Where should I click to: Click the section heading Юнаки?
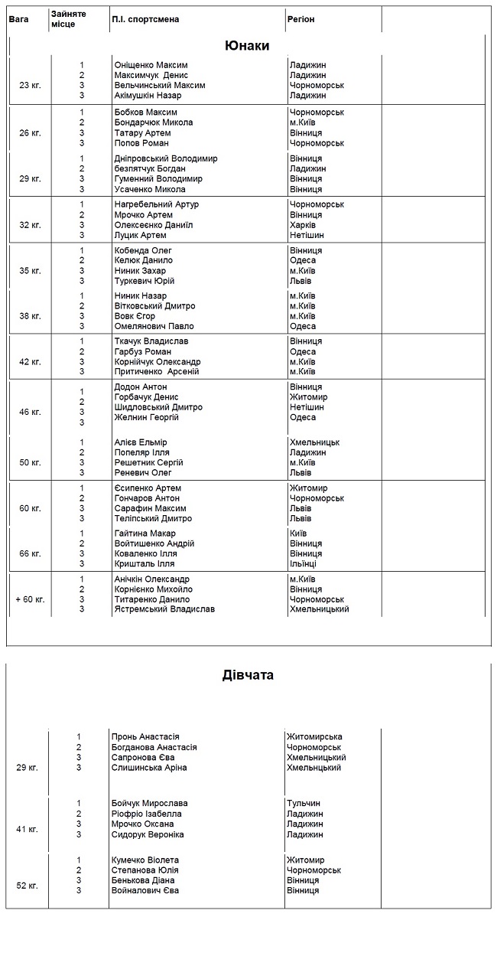point(247,46)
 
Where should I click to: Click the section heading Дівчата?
point(248,675)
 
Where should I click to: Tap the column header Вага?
point(19,19)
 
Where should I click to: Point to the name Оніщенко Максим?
point(151,65)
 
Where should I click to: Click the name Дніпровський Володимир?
point(166,158)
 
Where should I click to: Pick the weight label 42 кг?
point(30,361)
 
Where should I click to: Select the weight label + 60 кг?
point(30,599)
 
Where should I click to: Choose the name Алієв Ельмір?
point(141,442)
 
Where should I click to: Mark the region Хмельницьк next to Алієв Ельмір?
point(315,442)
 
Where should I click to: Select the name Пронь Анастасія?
point(145,737)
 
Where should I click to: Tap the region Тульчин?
point(304,804)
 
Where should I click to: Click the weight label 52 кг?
point(27,886)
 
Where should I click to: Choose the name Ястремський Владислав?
point(164,609)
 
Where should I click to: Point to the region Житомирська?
point(314,737)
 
